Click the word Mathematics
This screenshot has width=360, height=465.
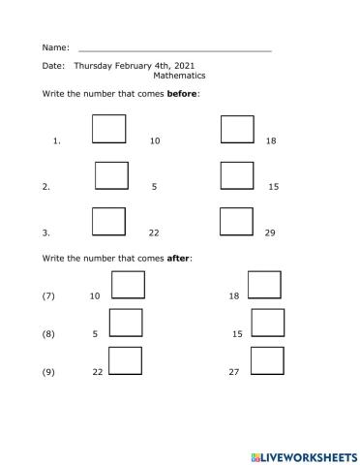click(179, 75)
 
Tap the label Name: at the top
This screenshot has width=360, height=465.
click(56, 46)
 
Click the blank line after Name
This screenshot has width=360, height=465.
click(174, 48)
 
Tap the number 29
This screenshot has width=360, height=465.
click(270, 232)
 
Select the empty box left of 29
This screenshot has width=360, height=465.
click(236, 221)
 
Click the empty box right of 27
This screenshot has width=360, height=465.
click(267, 360)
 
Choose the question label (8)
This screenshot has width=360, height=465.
click(49, 333)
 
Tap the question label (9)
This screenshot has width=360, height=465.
click(49, 372)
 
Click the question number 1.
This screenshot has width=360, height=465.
click(57, 141)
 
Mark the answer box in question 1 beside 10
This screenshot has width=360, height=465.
click(108, 129)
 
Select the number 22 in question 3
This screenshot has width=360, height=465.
click(153, 232)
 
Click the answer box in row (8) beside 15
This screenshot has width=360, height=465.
click(267, 322)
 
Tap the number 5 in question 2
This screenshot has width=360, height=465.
click(154, 186)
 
